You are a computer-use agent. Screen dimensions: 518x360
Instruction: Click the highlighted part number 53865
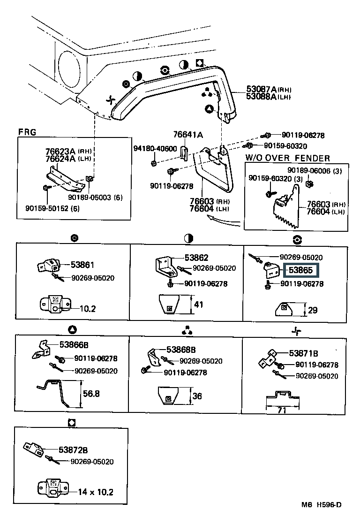tap(300, 271)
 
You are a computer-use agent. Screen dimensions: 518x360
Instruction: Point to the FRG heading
tap(27, 132)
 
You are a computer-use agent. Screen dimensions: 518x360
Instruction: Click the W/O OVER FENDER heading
tap(287, 159)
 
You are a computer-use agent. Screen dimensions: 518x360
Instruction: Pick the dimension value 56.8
tap(91, 394)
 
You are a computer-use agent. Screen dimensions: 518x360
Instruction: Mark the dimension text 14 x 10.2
tap(95, 492)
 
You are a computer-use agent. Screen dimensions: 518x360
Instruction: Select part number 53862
tap(196, 258)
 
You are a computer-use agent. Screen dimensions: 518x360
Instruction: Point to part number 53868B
tap(181, 350)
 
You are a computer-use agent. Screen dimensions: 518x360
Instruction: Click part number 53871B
tap(303, 353)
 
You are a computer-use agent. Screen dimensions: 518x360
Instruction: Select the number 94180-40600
tap(155, 149)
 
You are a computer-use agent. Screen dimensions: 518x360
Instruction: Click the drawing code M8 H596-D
tap(322, 505)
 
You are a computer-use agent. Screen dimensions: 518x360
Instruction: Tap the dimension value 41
tap(199, 305)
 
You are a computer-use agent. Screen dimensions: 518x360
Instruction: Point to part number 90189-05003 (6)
tap(95, 198)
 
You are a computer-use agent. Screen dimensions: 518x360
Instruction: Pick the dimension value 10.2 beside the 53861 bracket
tap(87, 309)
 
